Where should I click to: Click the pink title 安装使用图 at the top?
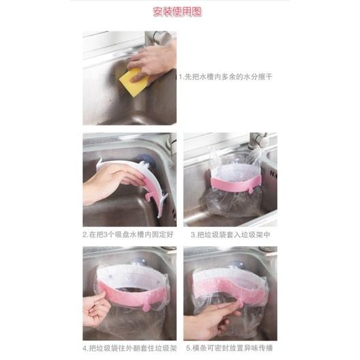(179, 12)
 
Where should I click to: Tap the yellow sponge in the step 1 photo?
(134, 81)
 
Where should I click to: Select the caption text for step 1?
(226, 77)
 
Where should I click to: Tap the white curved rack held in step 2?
(137, 179)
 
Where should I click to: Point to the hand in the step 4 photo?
(95, 306)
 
